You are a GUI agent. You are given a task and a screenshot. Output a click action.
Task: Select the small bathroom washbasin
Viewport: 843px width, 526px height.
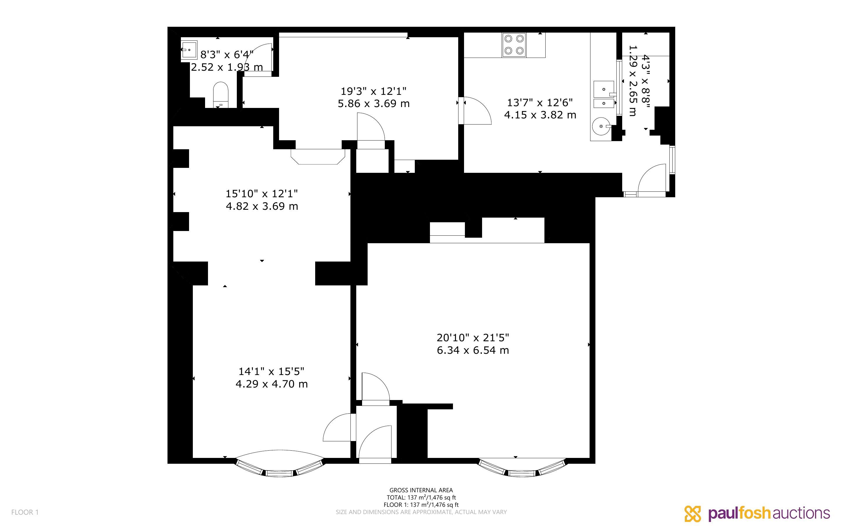189,50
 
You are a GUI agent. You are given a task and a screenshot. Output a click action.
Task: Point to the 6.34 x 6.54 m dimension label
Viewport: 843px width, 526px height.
473,350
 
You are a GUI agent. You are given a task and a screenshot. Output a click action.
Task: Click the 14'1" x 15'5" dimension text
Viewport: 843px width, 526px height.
271,371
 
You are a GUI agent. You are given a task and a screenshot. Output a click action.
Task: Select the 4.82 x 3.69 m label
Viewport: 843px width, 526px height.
262,206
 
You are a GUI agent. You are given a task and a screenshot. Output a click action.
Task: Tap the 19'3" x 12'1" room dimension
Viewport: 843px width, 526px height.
374,91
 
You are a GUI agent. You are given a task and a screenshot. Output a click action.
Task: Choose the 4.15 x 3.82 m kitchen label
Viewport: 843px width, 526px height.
540,115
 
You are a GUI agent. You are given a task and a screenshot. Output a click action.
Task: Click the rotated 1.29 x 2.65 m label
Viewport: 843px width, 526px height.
633,81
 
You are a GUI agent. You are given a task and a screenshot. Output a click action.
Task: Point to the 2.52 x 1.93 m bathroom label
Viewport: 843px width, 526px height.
227,67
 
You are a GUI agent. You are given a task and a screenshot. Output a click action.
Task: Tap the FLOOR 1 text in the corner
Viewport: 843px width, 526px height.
25,512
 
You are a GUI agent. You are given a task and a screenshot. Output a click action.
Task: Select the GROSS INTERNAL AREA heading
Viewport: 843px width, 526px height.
421,490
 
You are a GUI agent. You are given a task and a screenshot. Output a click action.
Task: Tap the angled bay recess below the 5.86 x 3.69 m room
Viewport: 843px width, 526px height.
318,157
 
